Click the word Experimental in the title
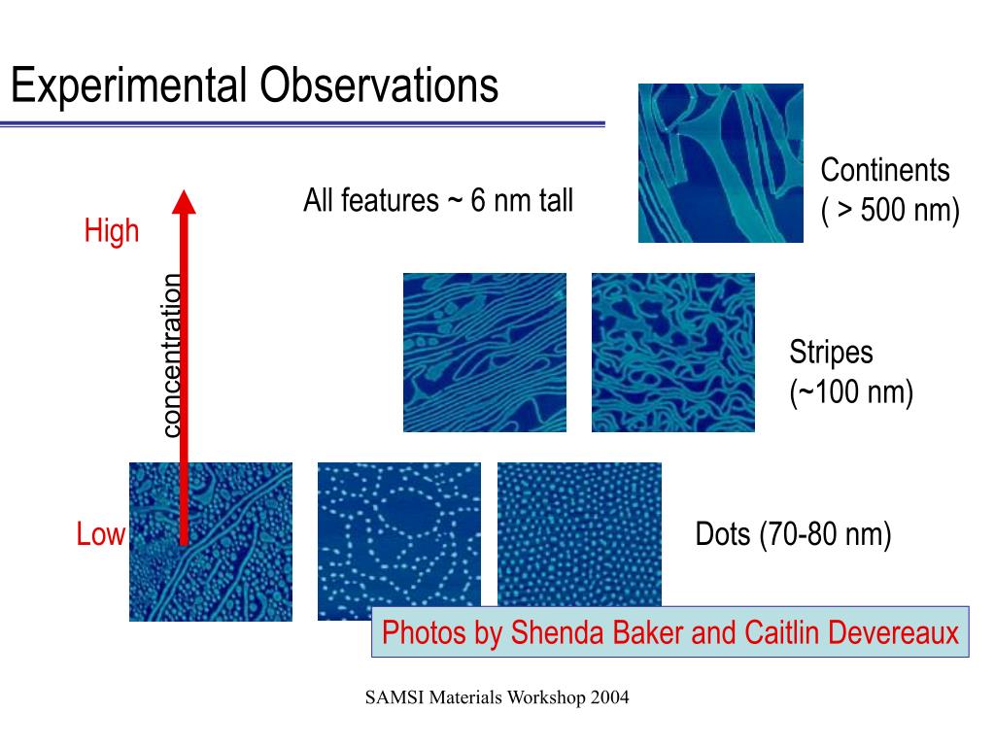coord(129,85)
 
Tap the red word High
coord(112,231)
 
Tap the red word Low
coord(100,533)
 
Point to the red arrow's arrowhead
coord(184,201)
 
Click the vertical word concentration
coord(171,356)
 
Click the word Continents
coord(884,170)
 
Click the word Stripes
coord(831,354)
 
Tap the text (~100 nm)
coord(851,392)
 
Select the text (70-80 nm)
coord(825,534)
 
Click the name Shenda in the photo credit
coord(557,632)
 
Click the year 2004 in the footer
coord(609,697)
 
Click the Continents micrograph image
coord(721,163)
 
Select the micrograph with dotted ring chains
coord(399,541)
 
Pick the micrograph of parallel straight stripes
coord(485,353)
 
